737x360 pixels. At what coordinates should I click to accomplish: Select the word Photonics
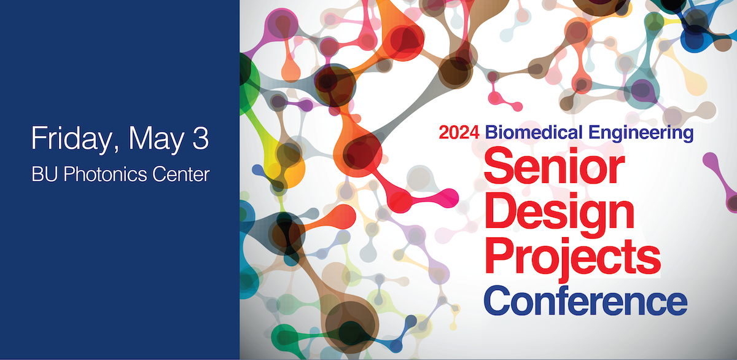point(105,174)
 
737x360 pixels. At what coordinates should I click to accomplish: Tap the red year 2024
point(459,133)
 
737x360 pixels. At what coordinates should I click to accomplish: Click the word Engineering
point(641,133)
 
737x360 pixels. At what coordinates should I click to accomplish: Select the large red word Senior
point(555,166)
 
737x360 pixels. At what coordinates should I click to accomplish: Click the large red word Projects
point(572,257)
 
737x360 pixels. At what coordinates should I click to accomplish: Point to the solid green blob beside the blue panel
point(248,85)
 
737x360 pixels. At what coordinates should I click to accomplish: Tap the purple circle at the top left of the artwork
point(282,25)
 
